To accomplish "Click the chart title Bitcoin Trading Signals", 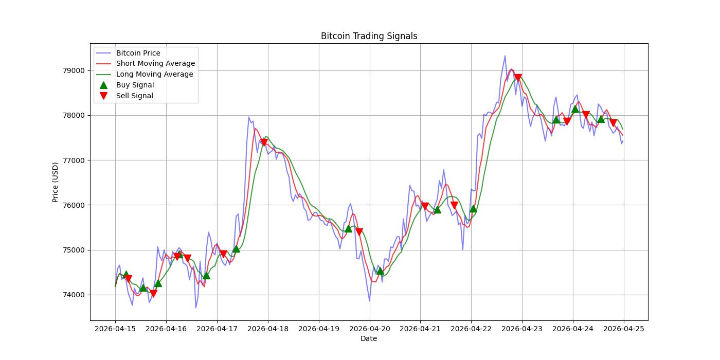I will (369, 36).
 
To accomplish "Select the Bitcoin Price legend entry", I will (138, 53).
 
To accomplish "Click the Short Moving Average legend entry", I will (155, 64).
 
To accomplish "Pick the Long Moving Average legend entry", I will (154, 74).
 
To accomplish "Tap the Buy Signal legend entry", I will (135, 85).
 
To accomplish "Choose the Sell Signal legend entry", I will (134, 96).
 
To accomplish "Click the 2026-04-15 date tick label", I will (115, 329).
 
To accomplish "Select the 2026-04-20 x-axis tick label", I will (370, 329).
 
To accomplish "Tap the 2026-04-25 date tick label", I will (624, 329).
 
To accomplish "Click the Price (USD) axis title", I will (56, 182).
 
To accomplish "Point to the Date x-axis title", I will (369, 338).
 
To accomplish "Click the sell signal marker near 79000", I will (518, 78).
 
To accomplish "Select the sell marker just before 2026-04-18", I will (264, 142).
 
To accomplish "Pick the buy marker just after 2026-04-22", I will (473, 208).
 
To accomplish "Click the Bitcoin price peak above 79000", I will (505, 56).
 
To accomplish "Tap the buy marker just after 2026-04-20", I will (380, 271).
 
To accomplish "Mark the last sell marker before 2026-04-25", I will (613, 123).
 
